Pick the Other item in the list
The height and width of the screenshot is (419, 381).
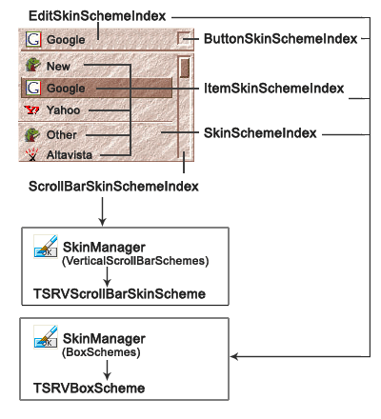click(x=62, y=134)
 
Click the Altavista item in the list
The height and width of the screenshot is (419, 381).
click(x=69, y=153)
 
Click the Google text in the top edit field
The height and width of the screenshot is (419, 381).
click(x=66, y=41)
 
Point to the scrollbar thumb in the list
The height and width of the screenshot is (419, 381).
click(x=184, y=69)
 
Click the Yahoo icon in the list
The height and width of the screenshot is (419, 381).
click(x=33, y=110)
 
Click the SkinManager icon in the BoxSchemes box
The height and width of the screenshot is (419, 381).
click(x=43, y=340)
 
